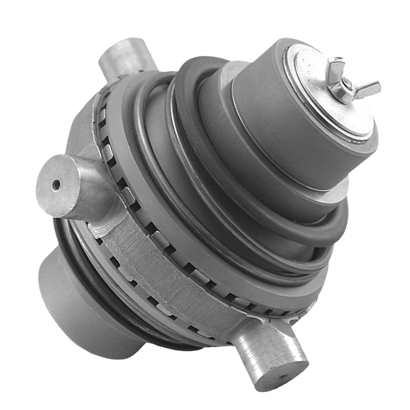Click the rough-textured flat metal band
pos(169,287)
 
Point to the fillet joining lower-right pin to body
pos(246,328)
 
